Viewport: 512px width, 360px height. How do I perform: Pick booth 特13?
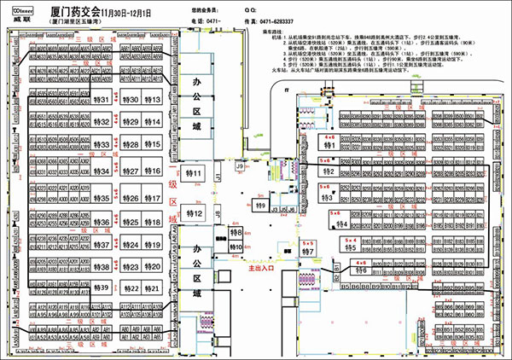[153, 100]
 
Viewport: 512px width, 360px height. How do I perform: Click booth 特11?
[195, 174]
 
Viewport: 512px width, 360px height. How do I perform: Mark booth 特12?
[195, 213]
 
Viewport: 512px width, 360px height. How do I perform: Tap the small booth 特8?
[237, 232]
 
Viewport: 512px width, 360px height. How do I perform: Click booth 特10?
[237, 247]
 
